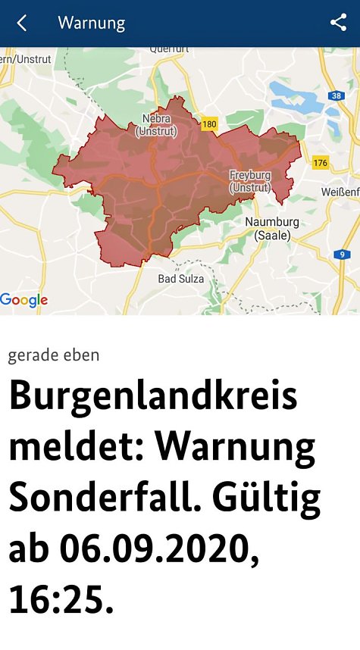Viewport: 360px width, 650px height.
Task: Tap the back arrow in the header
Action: point(21,23)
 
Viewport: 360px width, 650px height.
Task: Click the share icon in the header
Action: point(338,23)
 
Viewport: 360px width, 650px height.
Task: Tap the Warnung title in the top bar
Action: point(91,23)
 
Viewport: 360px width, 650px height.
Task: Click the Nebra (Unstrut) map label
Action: point(156,126)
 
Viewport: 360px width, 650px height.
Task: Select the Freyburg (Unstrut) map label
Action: point(250,180)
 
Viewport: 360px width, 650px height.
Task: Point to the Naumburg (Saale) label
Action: point(272,228)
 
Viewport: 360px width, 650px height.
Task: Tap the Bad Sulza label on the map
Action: point(180,279)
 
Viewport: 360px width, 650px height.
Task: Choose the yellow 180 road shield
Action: point(210,123)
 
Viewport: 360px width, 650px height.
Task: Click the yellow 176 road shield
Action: point(320,162)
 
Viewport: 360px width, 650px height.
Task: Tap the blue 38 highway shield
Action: point(336,95)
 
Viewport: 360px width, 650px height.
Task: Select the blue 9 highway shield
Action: point(343,255)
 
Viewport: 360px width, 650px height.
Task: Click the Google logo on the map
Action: point(24,300)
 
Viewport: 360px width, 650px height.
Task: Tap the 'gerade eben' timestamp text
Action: point(54,355)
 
